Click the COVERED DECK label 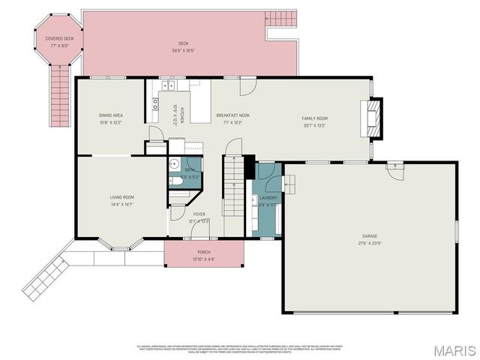pyautogui.click(x=58, y=37)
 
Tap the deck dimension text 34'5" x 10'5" pyautogui.click(x=184, y=51)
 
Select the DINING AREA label pyautogui.click(x=111, y=115)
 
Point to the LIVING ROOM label pyautogui.click(x=122, y=197)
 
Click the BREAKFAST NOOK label pyautogui.click(x=233, y=115)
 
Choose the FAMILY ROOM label pyautogui.click(x=315, y=118)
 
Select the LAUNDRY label pyautogui.click(x=268, y=198)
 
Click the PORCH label pyautogui.click(x=204, y=253)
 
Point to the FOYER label pyautogui.click(x=199, y=214)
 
